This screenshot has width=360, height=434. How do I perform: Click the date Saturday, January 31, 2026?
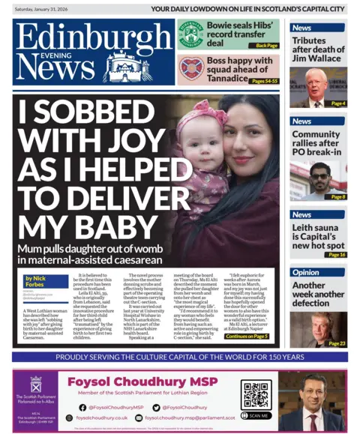click(x=46, y=8)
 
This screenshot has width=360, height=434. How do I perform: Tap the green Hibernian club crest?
click(x=190, y=34)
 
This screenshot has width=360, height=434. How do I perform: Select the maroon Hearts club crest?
click(x=190, y=68)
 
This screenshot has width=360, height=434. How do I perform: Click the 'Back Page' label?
click(x=266, y=46)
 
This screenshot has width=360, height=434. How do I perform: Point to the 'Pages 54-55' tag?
click(x=265, y=80)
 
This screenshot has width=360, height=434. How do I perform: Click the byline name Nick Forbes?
click(x=50, y=280)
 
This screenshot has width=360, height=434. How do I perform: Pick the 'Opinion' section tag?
click(x=305, y=272)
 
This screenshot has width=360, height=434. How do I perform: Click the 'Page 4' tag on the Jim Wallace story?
click(x=337, y=103)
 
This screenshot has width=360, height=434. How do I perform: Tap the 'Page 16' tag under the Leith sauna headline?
click(x=336, y=255)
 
